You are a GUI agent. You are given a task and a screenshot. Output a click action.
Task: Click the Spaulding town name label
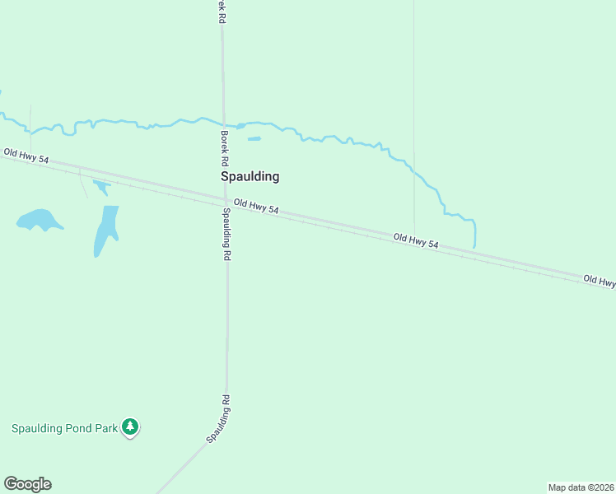[250, 176]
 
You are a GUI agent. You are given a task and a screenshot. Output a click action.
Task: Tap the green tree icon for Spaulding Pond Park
[130, 426]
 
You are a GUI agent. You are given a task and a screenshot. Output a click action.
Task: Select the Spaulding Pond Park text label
[64, 428]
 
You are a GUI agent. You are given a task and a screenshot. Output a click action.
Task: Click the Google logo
[27, 484]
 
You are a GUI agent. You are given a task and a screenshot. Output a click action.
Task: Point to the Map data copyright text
[581, 487]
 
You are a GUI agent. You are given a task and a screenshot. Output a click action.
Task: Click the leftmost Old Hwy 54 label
[26, 156]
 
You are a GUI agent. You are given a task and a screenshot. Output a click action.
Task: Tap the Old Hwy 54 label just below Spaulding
[256, 207]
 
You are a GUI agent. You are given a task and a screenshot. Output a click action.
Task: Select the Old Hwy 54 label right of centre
[416, 241]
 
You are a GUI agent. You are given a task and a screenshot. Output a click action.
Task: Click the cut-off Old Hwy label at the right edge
[599, 281]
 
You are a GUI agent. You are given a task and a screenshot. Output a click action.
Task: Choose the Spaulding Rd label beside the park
[218, 419]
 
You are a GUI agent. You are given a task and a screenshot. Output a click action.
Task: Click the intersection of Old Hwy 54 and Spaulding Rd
[226, 200]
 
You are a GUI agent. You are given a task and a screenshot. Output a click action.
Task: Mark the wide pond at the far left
[39, 220]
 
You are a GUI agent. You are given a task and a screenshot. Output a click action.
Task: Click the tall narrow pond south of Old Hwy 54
[105, 229]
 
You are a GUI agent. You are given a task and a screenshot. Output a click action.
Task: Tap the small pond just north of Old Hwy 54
[101, 186]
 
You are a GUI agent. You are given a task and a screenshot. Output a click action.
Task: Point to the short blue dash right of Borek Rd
[254, 138]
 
